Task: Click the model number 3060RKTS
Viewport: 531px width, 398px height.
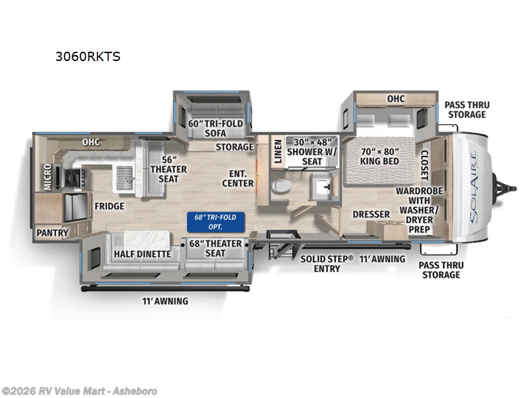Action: point(88,56)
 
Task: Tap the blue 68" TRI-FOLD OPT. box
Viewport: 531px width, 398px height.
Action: point(214,220)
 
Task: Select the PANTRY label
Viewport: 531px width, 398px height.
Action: point(52,233)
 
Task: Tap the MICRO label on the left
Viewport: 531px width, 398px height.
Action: point(48,177)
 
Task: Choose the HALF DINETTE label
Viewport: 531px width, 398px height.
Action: point(142,254)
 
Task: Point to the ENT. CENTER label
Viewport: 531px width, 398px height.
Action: point(238,178)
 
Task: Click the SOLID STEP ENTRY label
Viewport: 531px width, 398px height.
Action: point(326,263)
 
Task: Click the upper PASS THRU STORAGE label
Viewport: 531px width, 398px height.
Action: point(465,109)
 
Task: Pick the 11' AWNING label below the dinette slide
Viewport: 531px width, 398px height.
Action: point(166,301)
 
